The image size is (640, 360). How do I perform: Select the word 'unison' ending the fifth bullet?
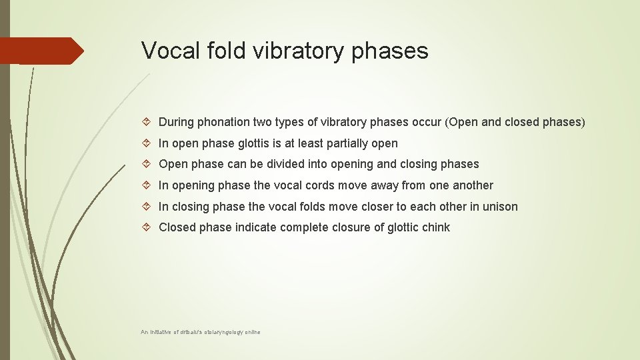pyautogui.click(x=500, y=207)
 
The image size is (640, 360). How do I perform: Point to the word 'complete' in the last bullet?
pyautogui.click(x=304, y=227)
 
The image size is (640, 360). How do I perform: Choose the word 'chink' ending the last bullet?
pyautogui.click(x=435, y=227)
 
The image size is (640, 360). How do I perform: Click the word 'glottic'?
pyautogui.click(x=402, y=227)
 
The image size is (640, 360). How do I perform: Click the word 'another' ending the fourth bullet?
pyautogui.click(x=473, y=185)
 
